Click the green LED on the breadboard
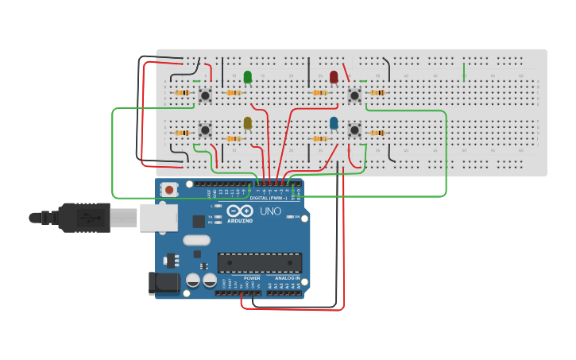[248, 77]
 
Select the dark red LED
[334, 77]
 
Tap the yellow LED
[248, 122]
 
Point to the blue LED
[334, 122]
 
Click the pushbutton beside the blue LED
[354, 129]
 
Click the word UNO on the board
[271, 211]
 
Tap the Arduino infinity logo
[239, 211]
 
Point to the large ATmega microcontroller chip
[260, 262]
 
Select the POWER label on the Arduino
[252, 278]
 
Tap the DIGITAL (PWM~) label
[268, 198]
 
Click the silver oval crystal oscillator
[196, 240]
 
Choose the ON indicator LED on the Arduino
[291, 217]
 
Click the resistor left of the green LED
[233, 93]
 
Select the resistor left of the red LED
[319, 93]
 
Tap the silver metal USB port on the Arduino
[158, 217]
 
